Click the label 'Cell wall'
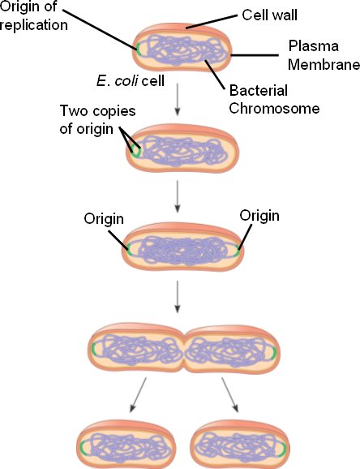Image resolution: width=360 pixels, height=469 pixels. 269,15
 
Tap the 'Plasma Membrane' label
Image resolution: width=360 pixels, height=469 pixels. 324,55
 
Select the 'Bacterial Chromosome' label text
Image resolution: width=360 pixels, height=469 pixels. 274,99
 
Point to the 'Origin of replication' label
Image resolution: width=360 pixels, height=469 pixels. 33,16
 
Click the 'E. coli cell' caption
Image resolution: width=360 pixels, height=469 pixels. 131,81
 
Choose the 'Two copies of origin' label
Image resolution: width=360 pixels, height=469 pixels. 98,119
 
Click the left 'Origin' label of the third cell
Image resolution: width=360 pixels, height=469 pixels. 104,218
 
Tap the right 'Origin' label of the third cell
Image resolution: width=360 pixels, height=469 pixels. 259,216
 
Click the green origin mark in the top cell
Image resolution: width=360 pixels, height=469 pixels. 138,49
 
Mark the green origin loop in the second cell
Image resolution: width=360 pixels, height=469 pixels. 135,152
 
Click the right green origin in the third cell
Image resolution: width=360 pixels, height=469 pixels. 237,251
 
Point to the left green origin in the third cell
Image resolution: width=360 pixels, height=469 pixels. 128,249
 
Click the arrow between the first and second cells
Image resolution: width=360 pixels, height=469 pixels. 178,99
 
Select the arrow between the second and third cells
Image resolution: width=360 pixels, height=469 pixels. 178,196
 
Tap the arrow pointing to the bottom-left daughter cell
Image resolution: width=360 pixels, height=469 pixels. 138,395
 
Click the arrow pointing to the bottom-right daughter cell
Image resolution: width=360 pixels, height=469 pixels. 230,395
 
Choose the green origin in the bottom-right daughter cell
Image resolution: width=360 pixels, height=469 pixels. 283,449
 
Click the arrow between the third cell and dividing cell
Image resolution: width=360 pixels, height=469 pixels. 178,297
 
